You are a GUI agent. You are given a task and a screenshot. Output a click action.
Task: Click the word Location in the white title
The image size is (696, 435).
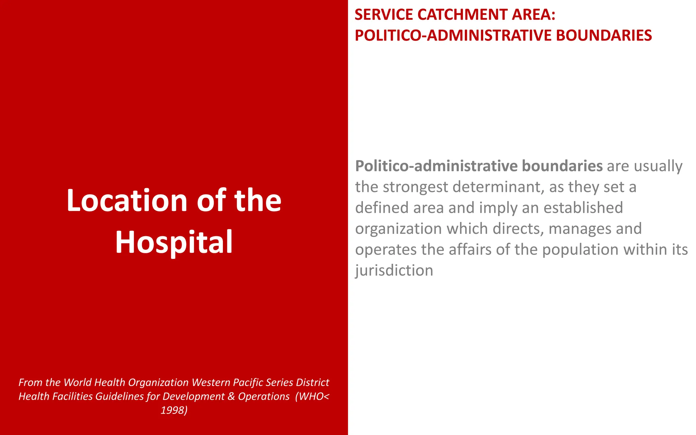(127, 200)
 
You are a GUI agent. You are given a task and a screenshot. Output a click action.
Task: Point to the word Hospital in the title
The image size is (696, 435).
(174, 242)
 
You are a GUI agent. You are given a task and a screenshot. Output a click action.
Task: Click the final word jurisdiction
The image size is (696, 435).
(394, 271)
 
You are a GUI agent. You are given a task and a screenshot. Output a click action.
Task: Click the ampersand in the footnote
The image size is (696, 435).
(231, 396)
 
